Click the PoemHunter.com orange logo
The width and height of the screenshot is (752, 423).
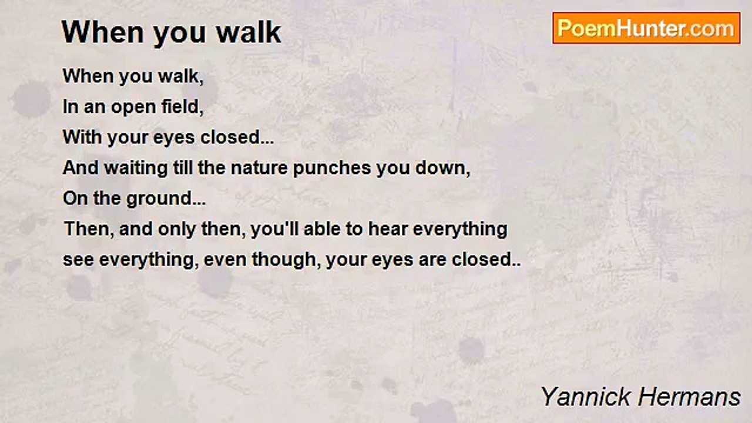click(646, 28)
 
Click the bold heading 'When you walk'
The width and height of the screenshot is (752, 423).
click(172, 32)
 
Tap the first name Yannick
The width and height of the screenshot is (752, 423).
click(582, 397)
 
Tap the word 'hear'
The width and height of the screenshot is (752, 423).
click(388, 229)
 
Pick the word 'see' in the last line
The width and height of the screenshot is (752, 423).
click(78, 260)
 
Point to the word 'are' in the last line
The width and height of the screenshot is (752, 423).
click(432, 260)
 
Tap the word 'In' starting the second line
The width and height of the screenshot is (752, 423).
click(70, 107)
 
